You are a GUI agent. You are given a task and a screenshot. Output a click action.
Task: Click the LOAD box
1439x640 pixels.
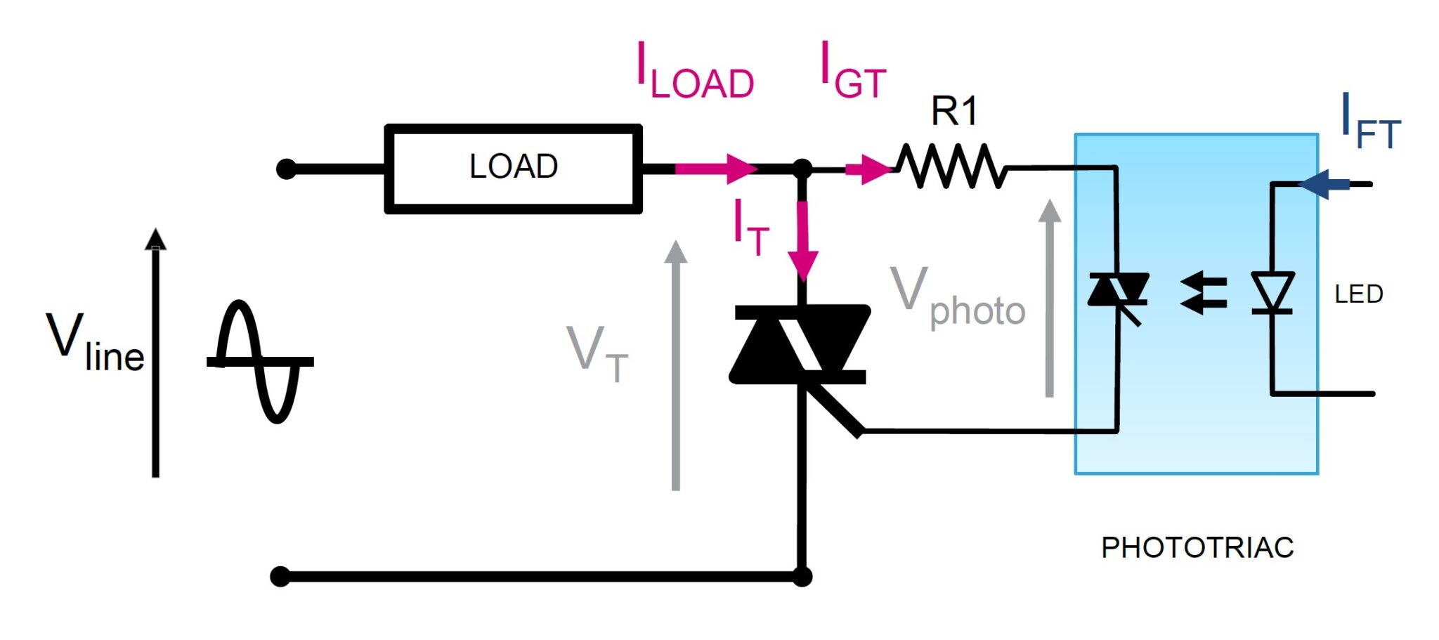[513, 168]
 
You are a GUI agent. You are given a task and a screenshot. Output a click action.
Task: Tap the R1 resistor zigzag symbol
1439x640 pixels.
[951, 167]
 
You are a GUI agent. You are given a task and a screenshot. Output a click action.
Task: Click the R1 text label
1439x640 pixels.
[953, 111]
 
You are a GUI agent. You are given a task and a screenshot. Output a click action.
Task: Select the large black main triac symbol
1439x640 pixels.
[800, 344]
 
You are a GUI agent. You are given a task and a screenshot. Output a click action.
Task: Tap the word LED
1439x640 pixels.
[1358, 294]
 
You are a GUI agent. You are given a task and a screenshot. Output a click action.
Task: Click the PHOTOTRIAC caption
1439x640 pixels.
[1197, 547]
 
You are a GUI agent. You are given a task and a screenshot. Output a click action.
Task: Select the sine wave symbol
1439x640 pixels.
[260, 362]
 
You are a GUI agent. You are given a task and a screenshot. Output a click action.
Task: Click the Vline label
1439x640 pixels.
[95, 344]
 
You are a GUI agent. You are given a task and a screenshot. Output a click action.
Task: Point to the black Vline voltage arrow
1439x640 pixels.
[155, 351]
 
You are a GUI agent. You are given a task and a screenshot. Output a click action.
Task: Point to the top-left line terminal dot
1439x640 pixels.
[286, 169]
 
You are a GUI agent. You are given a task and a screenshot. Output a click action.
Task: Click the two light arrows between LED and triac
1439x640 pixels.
[1204, 294]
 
